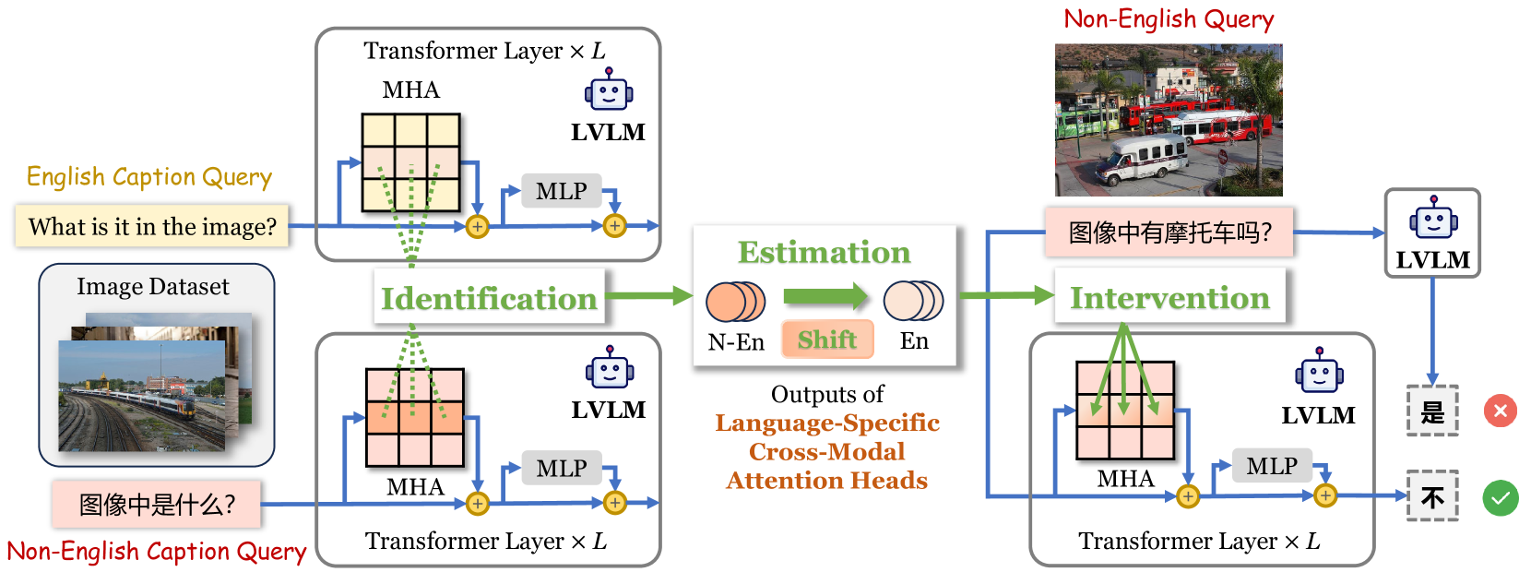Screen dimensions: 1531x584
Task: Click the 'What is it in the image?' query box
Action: [x=152, y=226]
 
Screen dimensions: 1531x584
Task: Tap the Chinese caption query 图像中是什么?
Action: [x=157, y=505]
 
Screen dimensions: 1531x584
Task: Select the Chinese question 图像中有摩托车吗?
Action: [x=1169, y=232]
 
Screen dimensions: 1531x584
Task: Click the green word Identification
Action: [x=489, y=298]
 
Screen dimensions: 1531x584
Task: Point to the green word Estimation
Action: [x=825, y=252]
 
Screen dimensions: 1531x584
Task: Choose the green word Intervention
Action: [x=1169, y=297]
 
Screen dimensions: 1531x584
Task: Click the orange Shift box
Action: [x=827, y=340]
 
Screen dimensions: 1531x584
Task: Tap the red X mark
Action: [x=1501, y=411]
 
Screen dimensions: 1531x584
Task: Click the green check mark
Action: [x=1501, y=498]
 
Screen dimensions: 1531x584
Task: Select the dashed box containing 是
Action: [x=1432, y=411]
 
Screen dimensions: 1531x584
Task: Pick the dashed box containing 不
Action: [x=1432, y=496]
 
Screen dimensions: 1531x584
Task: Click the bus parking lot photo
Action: [x=1168, y=120]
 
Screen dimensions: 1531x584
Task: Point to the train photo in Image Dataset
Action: [x=142, y=396]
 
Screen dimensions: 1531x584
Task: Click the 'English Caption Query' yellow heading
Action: [x=149, y=177]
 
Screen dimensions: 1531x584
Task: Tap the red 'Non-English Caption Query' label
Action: [x=157, y=551]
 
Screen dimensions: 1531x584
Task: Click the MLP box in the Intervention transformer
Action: [x=1271, y=466]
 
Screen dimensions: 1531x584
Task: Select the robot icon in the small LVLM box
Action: [x=1433, y=218]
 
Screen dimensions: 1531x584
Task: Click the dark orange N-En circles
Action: [x=735, y=302]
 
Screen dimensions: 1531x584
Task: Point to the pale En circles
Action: [x=913, y=301]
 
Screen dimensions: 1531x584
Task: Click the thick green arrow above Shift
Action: [x=825, y=296]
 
